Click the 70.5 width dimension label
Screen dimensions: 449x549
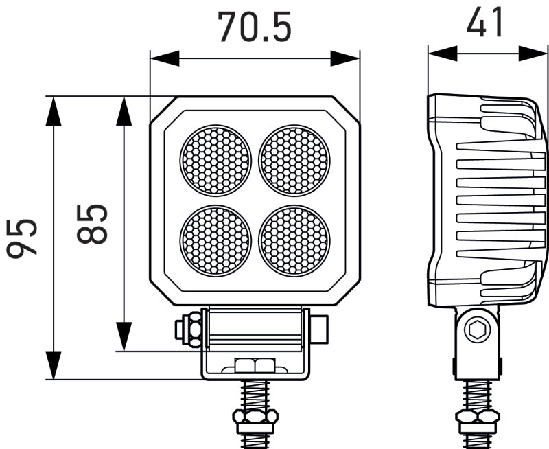click(x=255, y=27)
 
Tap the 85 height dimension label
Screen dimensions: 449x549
click(x=92, y=224)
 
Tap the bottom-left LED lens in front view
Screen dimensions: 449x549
click(x=216, y=239)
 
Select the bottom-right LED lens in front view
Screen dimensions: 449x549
click(x=294, y=239)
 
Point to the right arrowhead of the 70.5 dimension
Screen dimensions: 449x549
click(x=344, y=58)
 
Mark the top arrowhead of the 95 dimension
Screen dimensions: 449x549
click(x=54, y=111)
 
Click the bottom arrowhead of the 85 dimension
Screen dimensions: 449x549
click(x=124, y=337)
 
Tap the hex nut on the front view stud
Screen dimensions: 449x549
click(x=255, y=416)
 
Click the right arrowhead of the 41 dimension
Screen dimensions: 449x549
click(x=533, y=53)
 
